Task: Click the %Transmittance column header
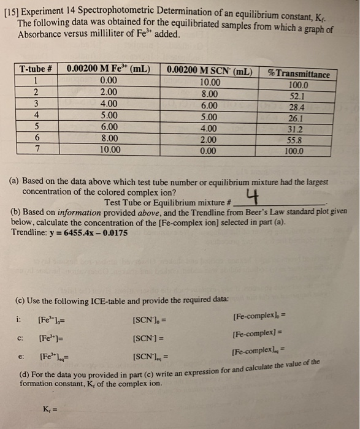coord(299,74)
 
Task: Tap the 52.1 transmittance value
coord(297,96)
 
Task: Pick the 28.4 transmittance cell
coord(297,107)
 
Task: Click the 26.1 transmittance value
coord(297,118)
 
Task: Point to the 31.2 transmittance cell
coord(297,129)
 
